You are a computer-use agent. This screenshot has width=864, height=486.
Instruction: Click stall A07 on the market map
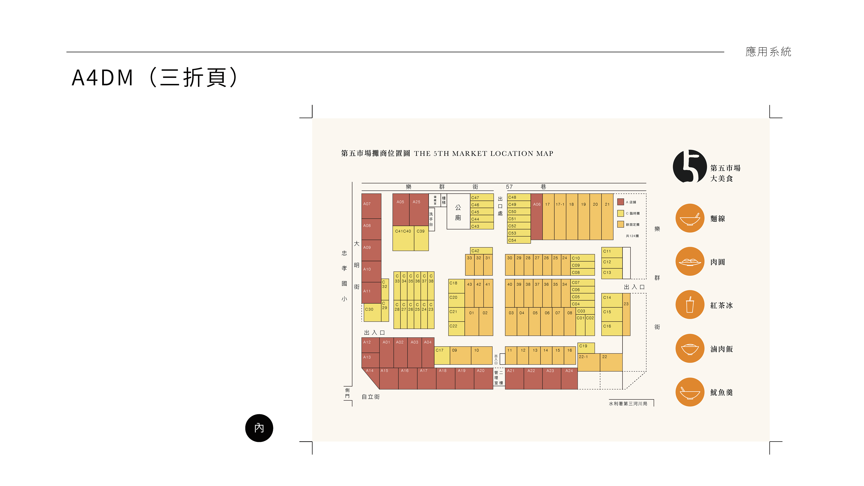(371, 206)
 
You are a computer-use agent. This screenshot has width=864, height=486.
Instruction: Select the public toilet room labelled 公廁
(458, 212)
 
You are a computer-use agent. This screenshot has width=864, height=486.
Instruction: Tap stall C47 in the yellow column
(482, 198)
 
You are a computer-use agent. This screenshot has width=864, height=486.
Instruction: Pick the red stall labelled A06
(536, 216)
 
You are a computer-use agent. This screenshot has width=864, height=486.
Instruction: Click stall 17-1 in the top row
(560, 216)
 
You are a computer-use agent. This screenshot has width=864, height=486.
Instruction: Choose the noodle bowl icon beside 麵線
(690, 218)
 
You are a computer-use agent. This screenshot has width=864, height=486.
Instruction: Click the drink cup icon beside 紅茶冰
(690, 305)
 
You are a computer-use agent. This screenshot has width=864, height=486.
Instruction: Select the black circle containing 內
(259, 428)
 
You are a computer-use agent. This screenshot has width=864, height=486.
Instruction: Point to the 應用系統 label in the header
(768, 52)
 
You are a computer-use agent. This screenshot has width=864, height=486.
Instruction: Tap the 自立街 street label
(371, 397)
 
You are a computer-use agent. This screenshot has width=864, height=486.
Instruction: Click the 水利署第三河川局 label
(628, 403)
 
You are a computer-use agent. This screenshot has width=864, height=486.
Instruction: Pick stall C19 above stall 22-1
(586, 347)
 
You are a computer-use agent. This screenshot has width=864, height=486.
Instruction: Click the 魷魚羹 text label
(721, 392)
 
